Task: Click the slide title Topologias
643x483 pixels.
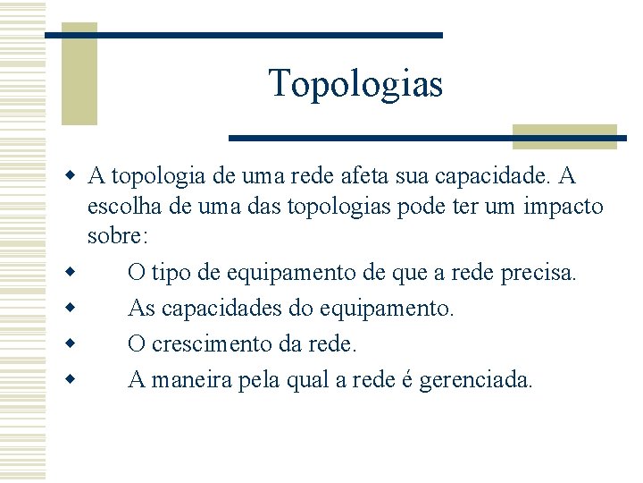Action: coord(355,83)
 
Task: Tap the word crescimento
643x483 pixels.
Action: coord(210,343)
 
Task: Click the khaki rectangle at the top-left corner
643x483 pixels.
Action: coord(79,76)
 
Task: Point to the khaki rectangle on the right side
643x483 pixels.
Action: coord(564,135)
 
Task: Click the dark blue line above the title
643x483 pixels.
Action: coord(243,35)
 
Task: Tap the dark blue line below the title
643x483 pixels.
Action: coord(427,139)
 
